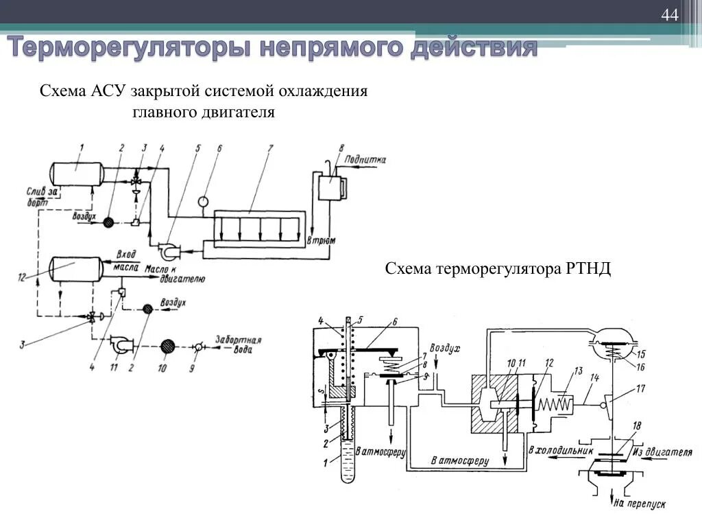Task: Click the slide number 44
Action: (x=669, y=15)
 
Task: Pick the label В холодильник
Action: (x=553, y=451)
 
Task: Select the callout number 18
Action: (x=637, y=427)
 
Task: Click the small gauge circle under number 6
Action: (x=204, y=201)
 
